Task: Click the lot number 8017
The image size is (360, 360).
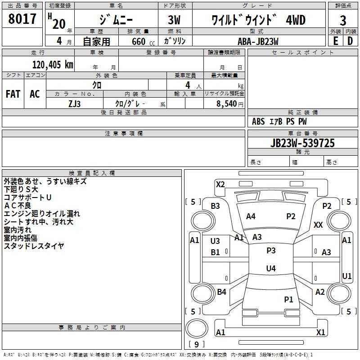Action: [22, 19]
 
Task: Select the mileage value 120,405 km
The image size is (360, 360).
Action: [52, 65]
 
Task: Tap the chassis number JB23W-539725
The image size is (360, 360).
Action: [302, 143]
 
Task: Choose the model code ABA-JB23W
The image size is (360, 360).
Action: [257, 41]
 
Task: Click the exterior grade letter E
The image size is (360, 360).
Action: [335, 41]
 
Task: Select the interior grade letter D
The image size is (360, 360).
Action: [350, 41]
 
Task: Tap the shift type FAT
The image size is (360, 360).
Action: [13, 94]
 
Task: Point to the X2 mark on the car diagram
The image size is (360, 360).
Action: [220, 184]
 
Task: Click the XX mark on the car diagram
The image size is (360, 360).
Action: [318, 225]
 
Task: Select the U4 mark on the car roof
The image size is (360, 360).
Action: [270, 269]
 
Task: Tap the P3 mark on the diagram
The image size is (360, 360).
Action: [270, 251]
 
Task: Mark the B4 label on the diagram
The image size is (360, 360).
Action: [221, 292]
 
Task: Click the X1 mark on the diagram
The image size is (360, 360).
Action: [321, 332]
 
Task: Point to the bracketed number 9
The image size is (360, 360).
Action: [196, 344]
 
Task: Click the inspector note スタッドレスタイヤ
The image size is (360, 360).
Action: [34, 246]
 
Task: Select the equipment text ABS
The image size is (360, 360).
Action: [258, 121]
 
